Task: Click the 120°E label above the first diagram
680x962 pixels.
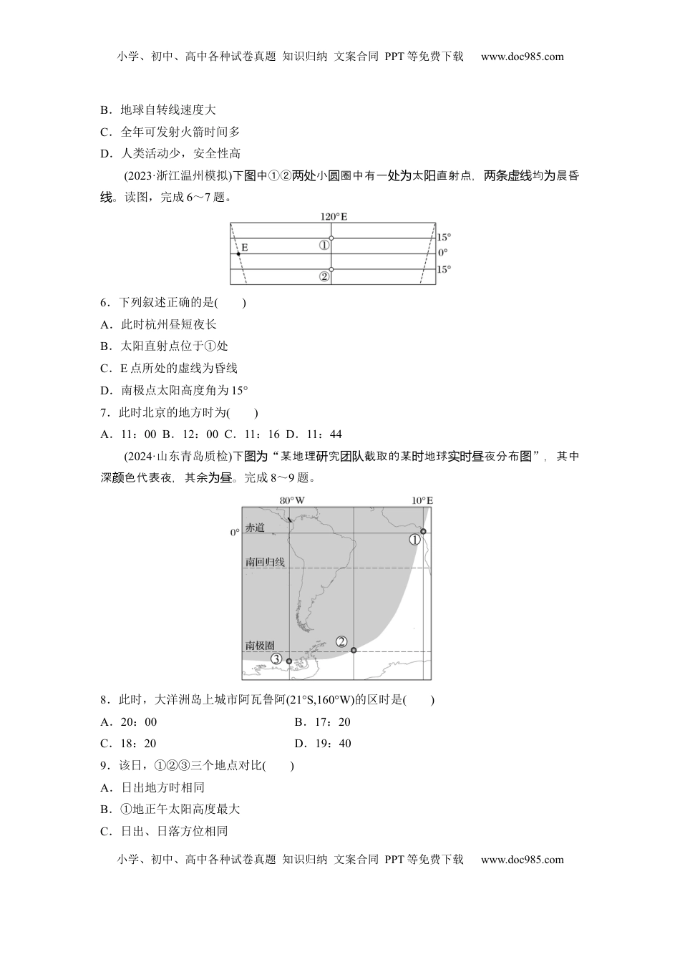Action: coord(334,215)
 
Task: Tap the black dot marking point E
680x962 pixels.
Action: coord(238,253)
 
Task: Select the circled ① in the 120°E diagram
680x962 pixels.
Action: coord(324,245)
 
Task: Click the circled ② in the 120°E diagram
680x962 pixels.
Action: coord(324,276)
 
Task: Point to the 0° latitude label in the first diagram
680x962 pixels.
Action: coord(442,253)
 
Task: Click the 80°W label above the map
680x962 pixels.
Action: coord(291,500)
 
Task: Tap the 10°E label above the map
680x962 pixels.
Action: coord(422,500)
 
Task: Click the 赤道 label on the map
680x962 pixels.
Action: coord(255,528)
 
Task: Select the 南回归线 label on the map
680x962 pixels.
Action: coord(265,562)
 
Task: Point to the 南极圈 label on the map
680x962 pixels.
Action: coord(260,645)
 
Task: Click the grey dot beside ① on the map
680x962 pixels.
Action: coord(424,531)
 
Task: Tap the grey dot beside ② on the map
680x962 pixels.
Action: coord(354,650)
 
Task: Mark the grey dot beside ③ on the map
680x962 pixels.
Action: coord(289,661)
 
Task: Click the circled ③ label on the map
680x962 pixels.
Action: coord(276,659)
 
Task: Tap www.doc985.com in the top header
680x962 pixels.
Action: coord(522,57)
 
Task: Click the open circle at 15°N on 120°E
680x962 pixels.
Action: coord(331,238)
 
